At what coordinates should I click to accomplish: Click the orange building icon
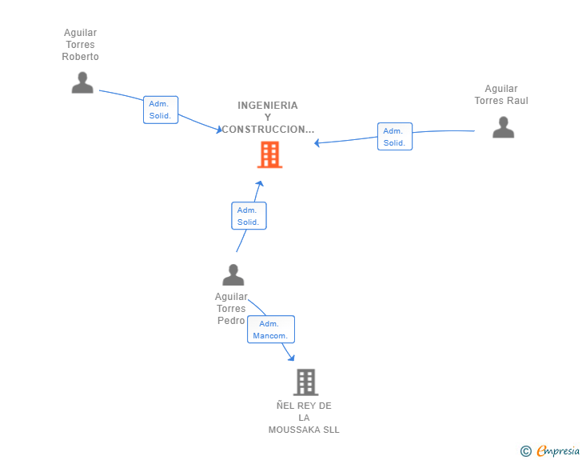[x=270, y=154]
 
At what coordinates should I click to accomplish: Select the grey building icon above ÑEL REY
[x=306, y=382]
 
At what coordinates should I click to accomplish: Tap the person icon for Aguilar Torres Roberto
[x=82, y=82]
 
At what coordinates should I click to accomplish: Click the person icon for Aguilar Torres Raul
[x=504, y=127]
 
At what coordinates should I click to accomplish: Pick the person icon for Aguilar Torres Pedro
[x=233, y=274]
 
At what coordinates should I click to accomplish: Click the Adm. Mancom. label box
[x=271, y=330]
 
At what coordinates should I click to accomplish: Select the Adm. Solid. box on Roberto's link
[x=161, y=110]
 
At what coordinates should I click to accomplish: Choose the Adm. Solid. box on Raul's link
[x=395, y=136]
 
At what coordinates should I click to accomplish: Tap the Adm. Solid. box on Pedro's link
[x=249, y=215]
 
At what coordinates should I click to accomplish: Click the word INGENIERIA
[x=268, y=106]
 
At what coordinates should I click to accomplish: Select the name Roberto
[x=80, y=57]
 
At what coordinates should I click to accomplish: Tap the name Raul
[x=518, y=100]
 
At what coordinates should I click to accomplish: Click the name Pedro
[x=231, y=320]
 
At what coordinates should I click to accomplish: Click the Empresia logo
[x=558, y=451]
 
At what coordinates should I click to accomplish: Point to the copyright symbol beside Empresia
[x=525, y=451]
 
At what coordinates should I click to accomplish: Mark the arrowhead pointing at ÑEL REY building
[x=292, y=358]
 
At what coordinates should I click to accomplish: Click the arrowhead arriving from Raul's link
[x=317, y=143]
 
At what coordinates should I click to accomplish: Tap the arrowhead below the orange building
[x=260, y=183]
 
